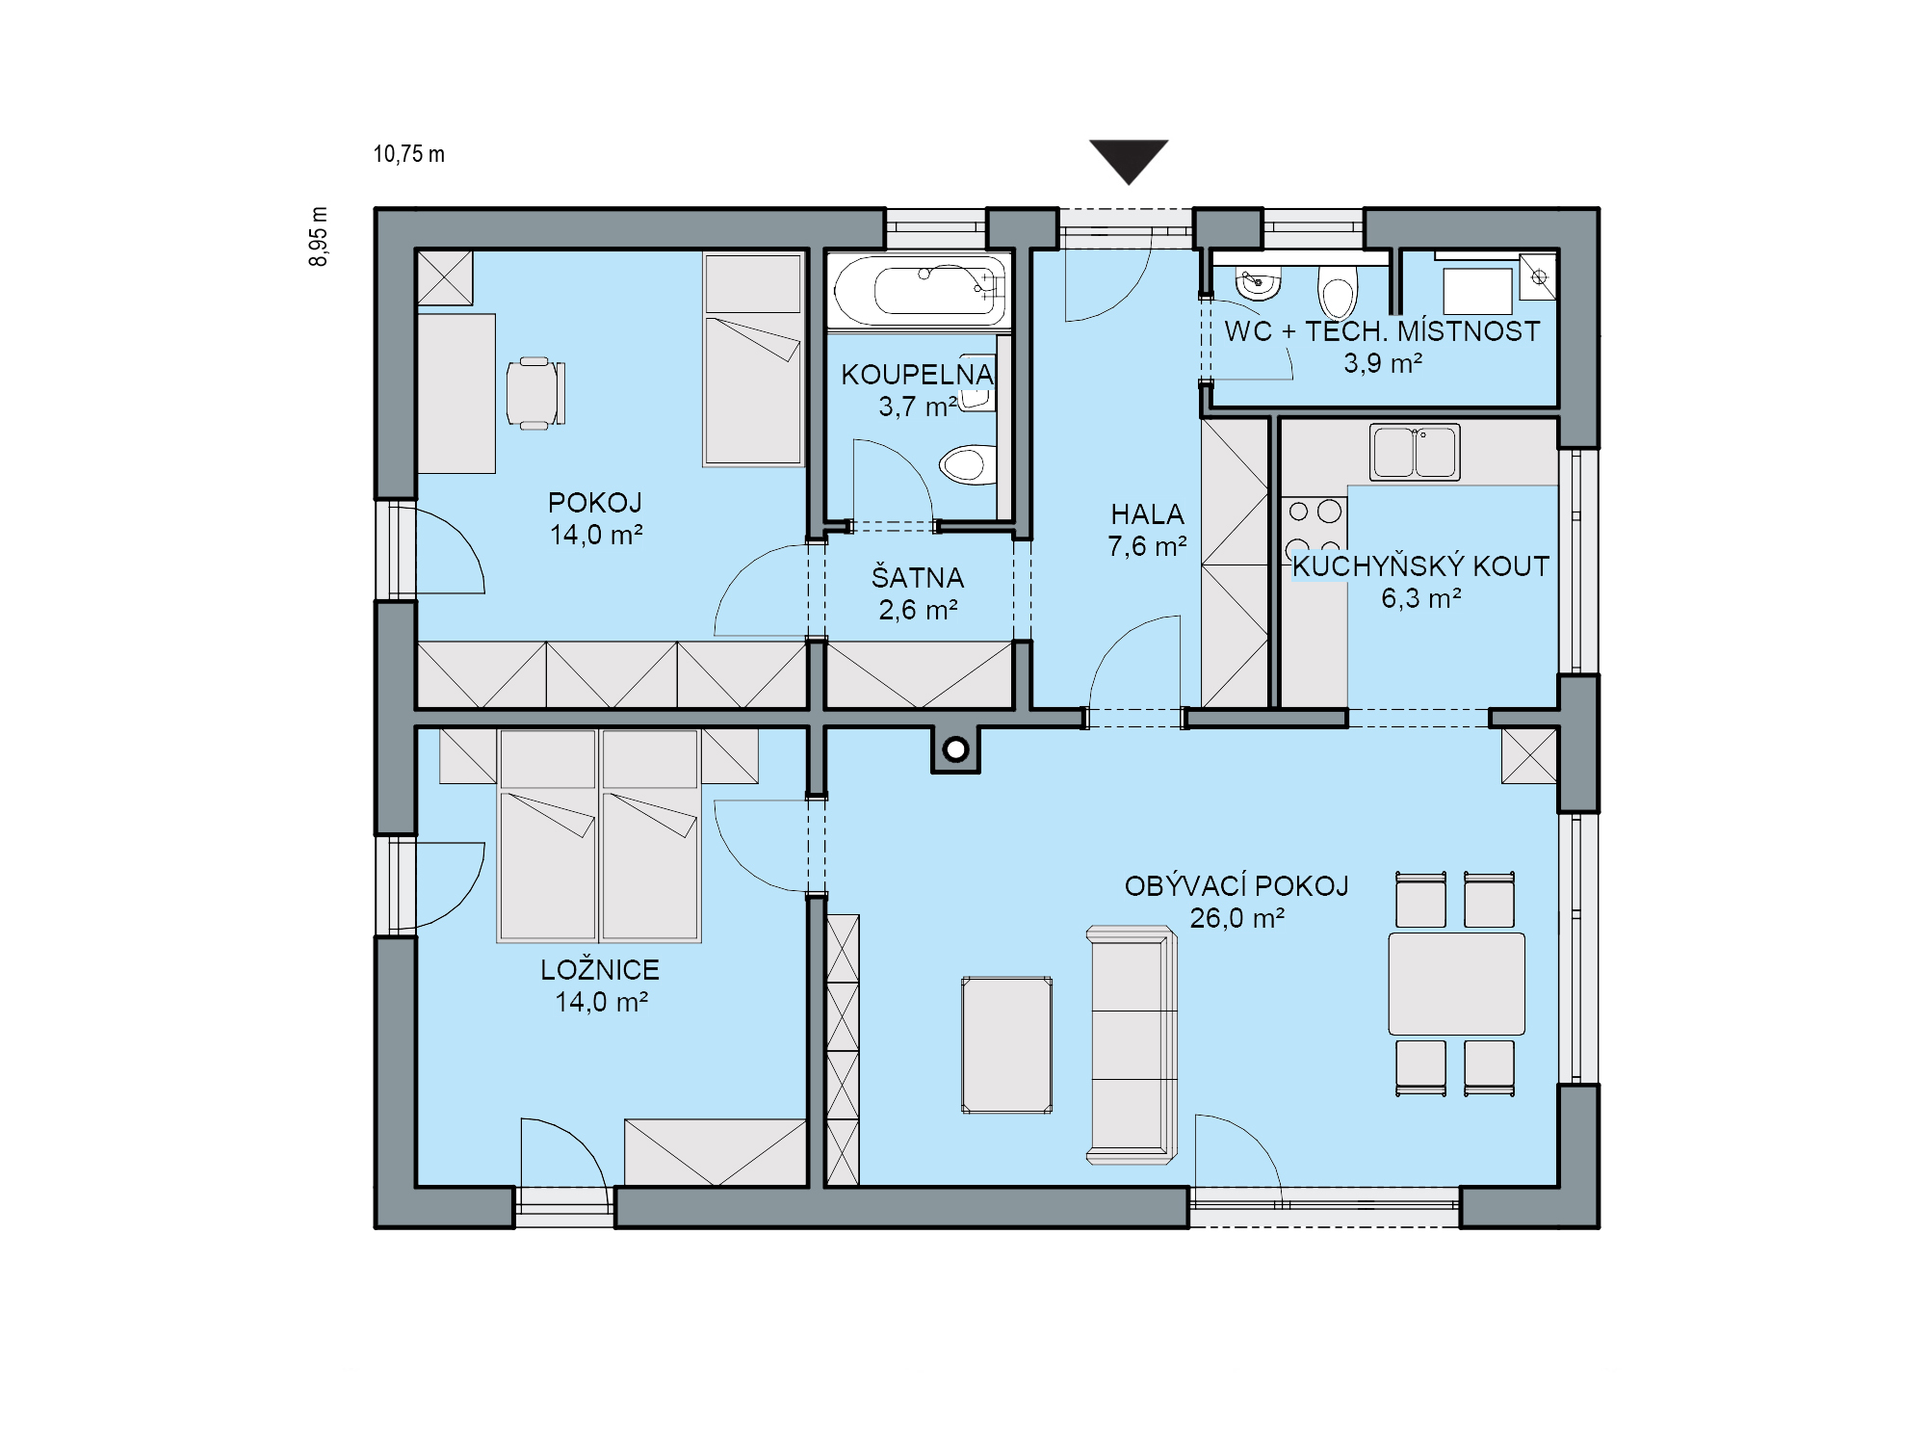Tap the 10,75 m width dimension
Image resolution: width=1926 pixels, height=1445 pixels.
tap(409, 154)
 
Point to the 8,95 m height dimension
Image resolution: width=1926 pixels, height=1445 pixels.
tap(318, 237)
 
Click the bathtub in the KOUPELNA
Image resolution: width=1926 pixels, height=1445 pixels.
tap(920, 290)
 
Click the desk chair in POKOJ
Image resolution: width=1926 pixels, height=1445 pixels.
tap(535, 392)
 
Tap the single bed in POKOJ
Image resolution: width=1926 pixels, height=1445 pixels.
tap(753, 359)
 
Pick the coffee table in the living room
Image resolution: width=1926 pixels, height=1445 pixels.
tap(1006, 1045)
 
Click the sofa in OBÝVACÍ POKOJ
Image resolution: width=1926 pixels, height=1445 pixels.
tap(1132, 1045)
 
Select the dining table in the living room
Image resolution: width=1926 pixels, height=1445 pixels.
tap(1456, 984)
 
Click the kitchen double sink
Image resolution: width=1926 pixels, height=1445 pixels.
tap(1415, 452)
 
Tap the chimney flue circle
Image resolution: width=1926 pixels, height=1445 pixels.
tap(955, 749)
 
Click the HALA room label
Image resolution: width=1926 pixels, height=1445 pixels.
tap(1147, 514)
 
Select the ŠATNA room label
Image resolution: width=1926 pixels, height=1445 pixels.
tap(918, 577)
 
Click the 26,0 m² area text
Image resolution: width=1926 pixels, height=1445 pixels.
tap(1237, 918)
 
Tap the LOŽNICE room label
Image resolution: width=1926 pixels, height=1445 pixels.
tap(600, 969)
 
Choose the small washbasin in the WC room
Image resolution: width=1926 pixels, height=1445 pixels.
tap(1258, 284)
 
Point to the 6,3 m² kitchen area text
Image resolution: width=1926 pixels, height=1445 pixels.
tap(1421, 598)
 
